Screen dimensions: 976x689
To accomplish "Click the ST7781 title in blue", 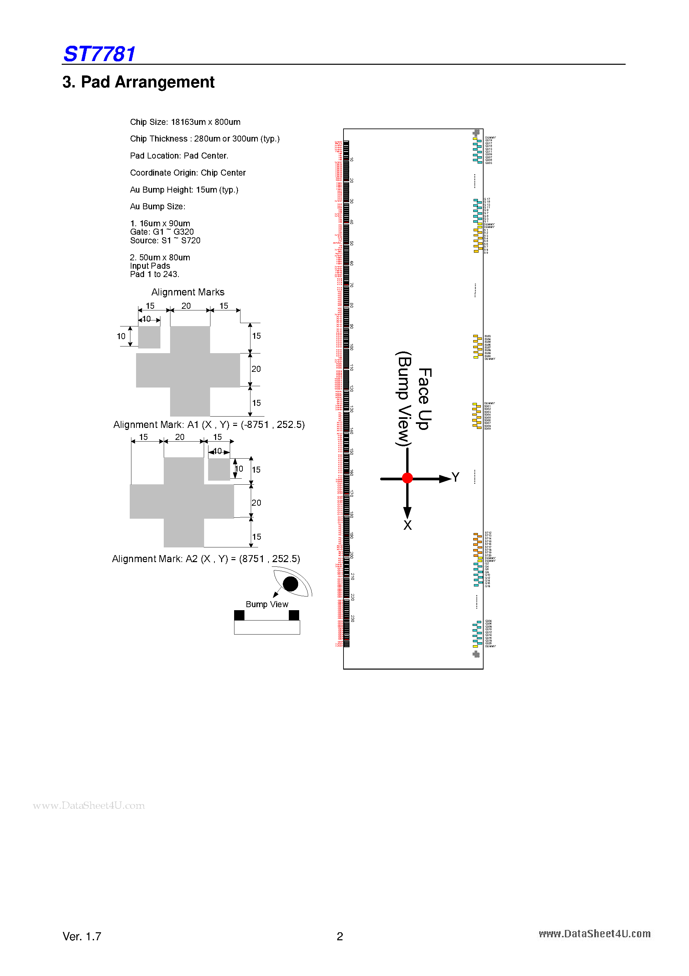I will (x=99, y=54).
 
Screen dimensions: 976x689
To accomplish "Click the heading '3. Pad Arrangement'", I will (x=138, y=82).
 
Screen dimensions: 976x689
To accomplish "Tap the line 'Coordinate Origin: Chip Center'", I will (x=188, y=173).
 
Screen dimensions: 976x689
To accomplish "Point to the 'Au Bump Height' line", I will (x=184, y=190).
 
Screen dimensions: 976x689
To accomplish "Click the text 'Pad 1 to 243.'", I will (x=155, y=274).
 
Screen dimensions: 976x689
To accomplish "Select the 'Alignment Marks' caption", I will (x=188, y=292).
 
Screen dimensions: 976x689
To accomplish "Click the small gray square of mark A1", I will (x=149, y=337).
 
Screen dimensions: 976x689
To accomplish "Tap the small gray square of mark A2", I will (x=219, y=469).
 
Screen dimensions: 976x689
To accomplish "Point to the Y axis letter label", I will (x=455, y=477).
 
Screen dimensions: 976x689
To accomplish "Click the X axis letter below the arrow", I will (x=408, y=525).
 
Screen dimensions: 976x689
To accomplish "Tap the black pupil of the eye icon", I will (x=290, y=584).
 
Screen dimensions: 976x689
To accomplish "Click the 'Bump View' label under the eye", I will (x=267, y=604).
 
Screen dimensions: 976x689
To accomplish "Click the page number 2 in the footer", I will (x=340, y=936).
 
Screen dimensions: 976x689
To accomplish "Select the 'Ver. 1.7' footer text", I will (x=82, y=936).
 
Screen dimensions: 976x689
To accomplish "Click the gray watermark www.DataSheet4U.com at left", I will (x=89, y=805).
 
